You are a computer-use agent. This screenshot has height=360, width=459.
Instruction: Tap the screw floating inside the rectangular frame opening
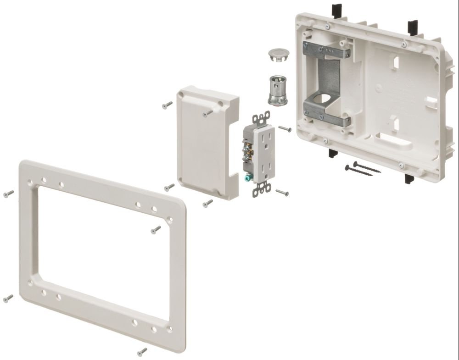tap(156, 228)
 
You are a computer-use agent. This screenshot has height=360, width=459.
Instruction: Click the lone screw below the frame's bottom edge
tap(142, 352)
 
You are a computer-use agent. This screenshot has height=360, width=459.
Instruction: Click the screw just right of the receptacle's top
tap(285, 129)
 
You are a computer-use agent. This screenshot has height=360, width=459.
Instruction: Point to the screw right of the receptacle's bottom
tap(282, 193)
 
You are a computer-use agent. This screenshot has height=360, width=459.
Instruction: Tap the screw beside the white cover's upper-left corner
tap(167, 105)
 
